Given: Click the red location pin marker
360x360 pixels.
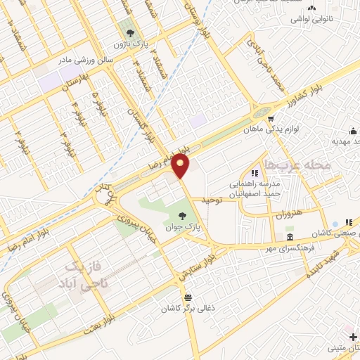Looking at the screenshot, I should (x=181, y=166).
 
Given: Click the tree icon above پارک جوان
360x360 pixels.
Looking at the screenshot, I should (x=184, y=216).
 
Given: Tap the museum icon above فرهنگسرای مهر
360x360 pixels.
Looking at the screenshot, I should (x=290, y=237).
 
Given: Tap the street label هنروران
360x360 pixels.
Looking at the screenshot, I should (x=289, y=212).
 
